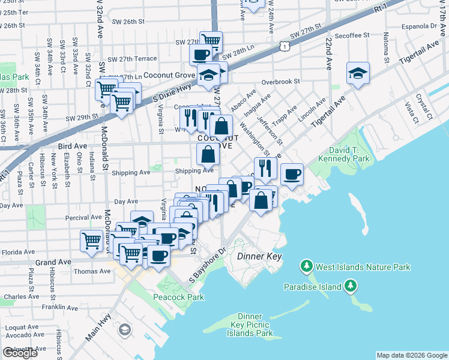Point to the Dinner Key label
(x=259, y=256)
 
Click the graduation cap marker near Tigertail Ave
(x=358, y=73)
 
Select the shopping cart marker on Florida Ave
(x=91, y=241)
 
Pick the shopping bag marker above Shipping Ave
(x=208, y=154)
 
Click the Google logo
(x=20, y=353)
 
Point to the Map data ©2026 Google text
(x=411, y=355)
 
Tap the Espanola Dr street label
(x=421, y=26)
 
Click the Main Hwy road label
(x=98, y=325)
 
